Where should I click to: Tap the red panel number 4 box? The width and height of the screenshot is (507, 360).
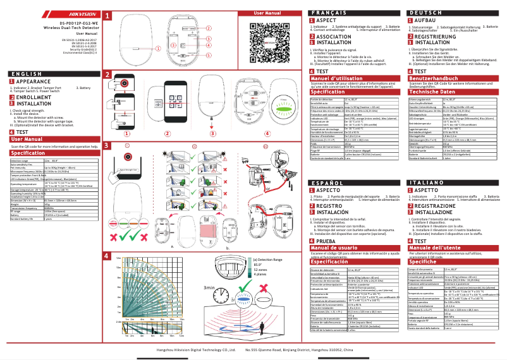[x=106, y=256]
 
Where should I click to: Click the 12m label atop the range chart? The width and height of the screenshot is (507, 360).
[x=118, y=259]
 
